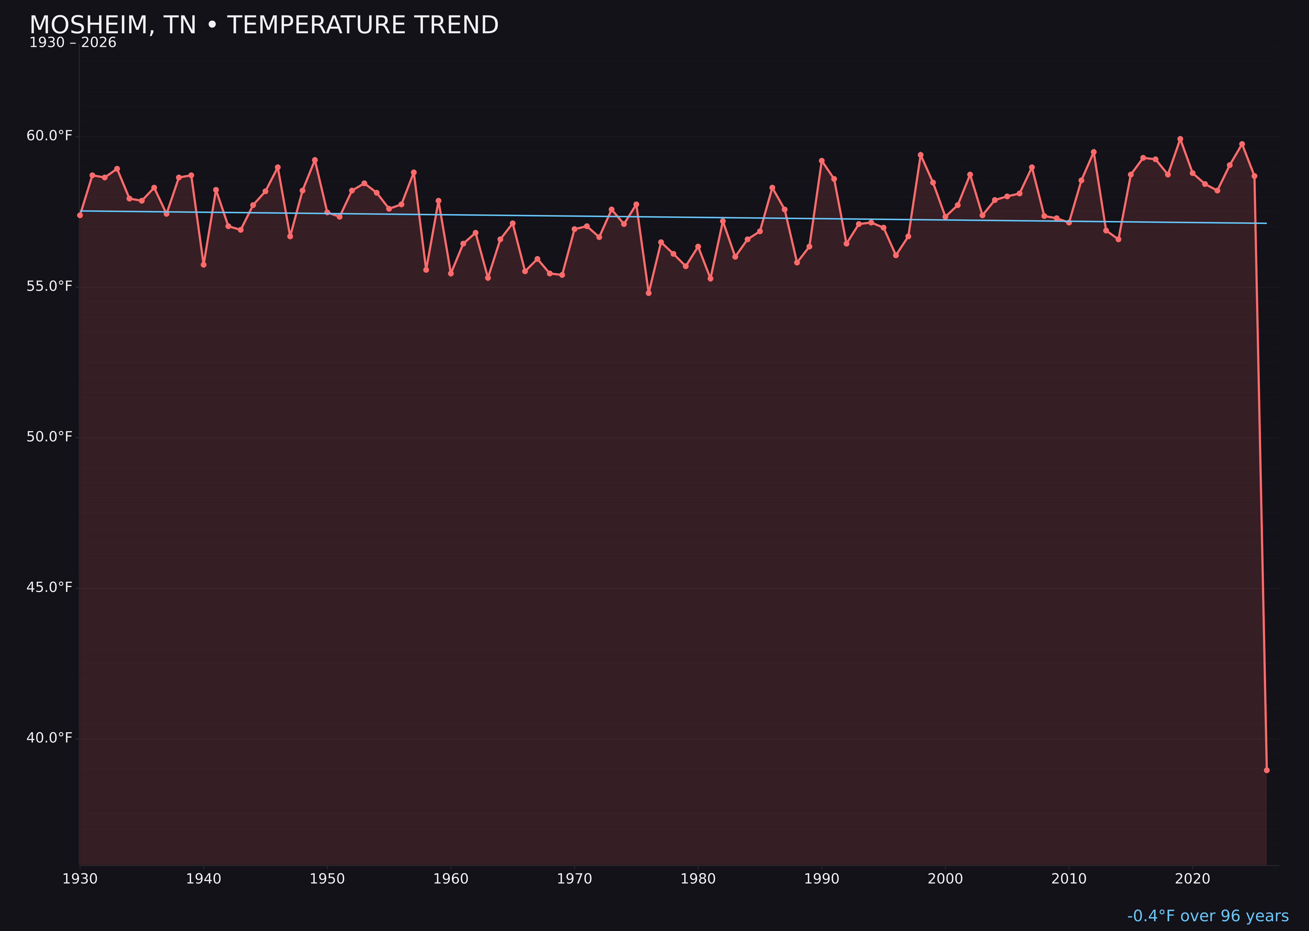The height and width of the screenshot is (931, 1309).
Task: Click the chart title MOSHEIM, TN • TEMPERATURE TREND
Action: (x=264, y=25)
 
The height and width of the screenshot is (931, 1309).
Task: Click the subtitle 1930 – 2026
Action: (x=73, y=43)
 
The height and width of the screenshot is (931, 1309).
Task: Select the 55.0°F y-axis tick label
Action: (x=49, y=286)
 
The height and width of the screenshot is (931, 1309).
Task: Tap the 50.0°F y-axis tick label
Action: (x=49, y=437)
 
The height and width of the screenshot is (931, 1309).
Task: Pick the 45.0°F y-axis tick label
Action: (x=49, y=587)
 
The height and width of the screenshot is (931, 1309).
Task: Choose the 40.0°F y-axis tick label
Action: (x=49, y=738)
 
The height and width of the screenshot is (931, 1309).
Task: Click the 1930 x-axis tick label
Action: (x=80, y=879)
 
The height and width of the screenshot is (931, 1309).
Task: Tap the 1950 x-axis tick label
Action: (x=327, y=879)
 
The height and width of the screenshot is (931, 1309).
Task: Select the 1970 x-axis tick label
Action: (x=574, y=879)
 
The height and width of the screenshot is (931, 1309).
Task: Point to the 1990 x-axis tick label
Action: (x=822, y=879)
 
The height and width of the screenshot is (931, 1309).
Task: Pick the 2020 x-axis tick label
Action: (x=1192, y=879)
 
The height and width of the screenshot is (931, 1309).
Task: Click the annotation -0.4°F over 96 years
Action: (x=1208, y=916)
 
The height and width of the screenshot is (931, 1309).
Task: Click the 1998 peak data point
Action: (x=921, y=155)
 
